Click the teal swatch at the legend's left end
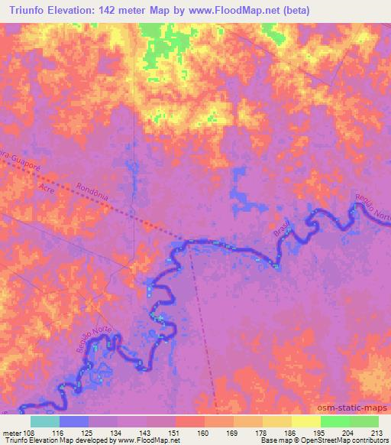(45, 421)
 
